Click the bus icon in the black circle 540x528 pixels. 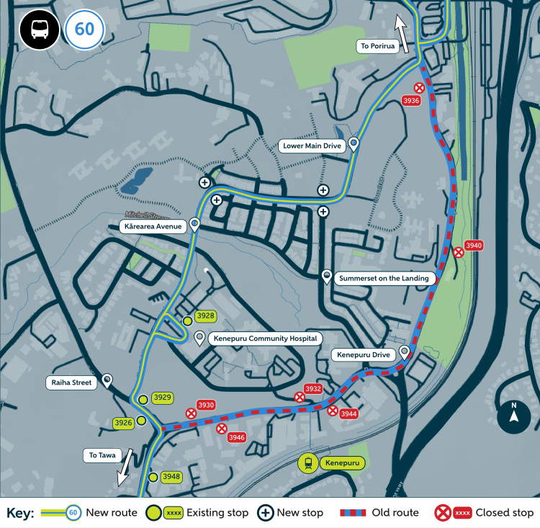(x=40, y=30)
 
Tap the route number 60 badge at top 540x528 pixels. (x=85, y=30)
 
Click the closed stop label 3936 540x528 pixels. (x=411, y=101)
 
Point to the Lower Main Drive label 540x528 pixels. (x=312, y=146)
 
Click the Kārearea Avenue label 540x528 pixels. (x=153, y=226)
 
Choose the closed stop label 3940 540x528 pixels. (x=474, y=246)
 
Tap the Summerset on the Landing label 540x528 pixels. (x=385, y=278)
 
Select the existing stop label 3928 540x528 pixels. (x=206, y=316)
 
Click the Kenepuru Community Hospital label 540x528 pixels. (x=263, y=338)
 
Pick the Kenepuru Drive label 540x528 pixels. (x=363, y=355)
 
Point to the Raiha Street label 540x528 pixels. (x=72, y=382)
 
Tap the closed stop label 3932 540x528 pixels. (x=313, y=389)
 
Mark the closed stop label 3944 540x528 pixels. (x=349, y=414)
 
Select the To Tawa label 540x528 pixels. (x=103, y=455)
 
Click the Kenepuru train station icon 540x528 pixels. (x=308, y=463)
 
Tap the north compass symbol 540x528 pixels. (x=514, y=417)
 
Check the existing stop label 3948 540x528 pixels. (x=171, y=477)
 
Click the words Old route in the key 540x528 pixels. (x=395, y=513)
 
